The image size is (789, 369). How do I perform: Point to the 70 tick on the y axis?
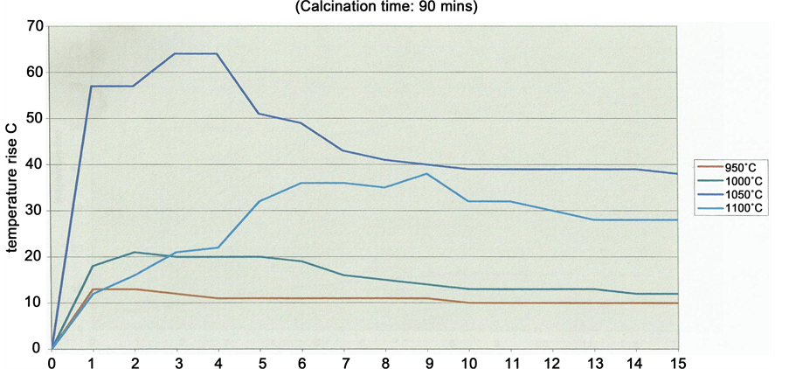[35, 26]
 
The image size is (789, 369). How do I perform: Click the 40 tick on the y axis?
[35, 164]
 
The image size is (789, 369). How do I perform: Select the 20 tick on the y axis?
[35, 256]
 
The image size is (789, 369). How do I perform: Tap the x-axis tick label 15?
[677, 361]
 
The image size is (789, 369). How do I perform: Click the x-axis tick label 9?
[426, 361]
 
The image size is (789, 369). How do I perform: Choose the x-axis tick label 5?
[260, 361]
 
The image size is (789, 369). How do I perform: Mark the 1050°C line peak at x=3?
[176, 53]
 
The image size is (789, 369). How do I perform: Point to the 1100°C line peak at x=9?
[426, 173]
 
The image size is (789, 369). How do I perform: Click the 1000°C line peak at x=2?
[134, 252]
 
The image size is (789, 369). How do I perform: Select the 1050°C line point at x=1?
[92, 86]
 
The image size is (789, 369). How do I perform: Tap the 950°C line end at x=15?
[677, 303]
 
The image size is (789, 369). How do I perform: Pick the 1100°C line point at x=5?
[260, 201]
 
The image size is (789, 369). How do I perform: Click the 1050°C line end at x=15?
[677, 173]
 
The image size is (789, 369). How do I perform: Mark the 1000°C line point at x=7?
[343, 275]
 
